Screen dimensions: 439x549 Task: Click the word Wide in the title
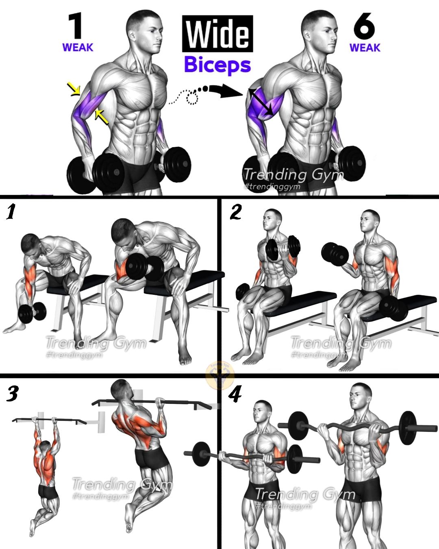coord(217,34)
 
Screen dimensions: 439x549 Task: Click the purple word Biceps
coord(217,65)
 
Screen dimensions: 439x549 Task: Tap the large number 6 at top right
coord(364,26)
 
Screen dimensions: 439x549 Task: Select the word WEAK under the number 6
coord(365,48)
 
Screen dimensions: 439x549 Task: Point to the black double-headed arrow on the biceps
coord(261,102)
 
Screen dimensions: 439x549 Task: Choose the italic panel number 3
coord(12,393)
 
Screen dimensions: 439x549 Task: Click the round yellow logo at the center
coord(219,375)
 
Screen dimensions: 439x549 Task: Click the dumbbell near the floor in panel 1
coord(33,312)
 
